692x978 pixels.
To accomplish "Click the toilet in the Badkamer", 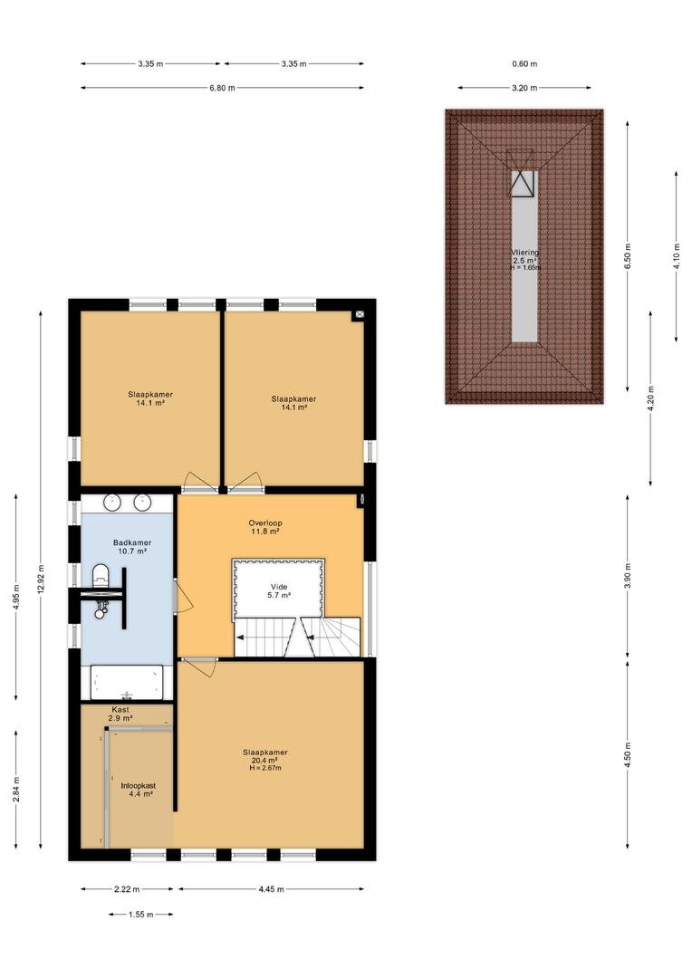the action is click(x=101, y=575).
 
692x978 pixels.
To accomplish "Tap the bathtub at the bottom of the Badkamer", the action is click(x=127, y=683).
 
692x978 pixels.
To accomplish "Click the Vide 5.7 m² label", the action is click(x=279, y=590).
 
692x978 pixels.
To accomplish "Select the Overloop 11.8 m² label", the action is click(x=265, y=527).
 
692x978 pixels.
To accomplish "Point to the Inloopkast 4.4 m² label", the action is click(x=138, y=790).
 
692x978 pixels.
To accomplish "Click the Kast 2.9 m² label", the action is click(x=120, y=714).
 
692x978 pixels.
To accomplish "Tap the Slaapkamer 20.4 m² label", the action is click(x=265, y=760).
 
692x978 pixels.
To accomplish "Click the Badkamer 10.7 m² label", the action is click(x=132, y=547).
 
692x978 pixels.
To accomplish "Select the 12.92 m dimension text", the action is click(x=41, y=580).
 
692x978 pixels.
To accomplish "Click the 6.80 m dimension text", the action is click(x=222, y=88).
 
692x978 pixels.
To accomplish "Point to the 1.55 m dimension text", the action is click(x=141, y=915).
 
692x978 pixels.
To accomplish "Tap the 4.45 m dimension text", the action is click(x=272, y=889).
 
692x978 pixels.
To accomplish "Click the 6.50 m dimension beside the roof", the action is click(x=628, y=254).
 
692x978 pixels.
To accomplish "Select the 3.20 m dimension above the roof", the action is click(x=524, y=88).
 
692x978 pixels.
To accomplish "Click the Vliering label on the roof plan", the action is click(x=524, y=253).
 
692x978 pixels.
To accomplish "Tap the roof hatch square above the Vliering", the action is click(x=523, y=183).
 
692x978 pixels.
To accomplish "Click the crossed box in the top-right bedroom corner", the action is click(x=360, y=316).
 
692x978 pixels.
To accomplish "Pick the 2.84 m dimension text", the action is click(x=15, y=790).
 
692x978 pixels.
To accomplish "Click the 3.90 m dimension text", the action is click(x=628, y=575).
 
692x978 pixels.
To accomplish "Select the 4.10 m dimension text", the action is click(x=677, y=255).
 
